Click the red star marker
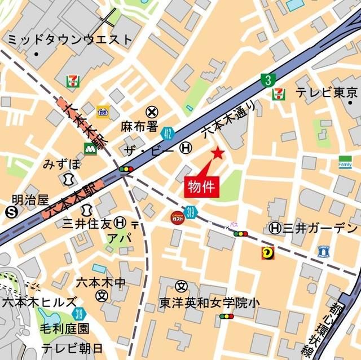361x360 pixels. coord(218,153)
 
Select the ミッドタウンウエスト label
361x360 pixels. coord(70,39)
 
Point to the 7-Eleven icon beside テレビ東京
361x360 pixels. coord(278,93)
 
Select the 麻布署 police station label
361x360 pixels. coord(139,126)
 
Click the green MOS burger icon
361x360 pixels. coord(90,148)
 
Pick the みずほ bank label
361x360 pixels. coord(62,165)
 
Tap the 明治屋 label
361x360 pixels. coord(31,199)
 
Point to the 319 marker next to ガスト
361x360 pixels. coord(191,212)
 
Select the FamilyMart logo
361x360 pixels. coord(345,161)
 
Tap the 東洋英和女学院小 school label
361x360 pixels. coord(209,302)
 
